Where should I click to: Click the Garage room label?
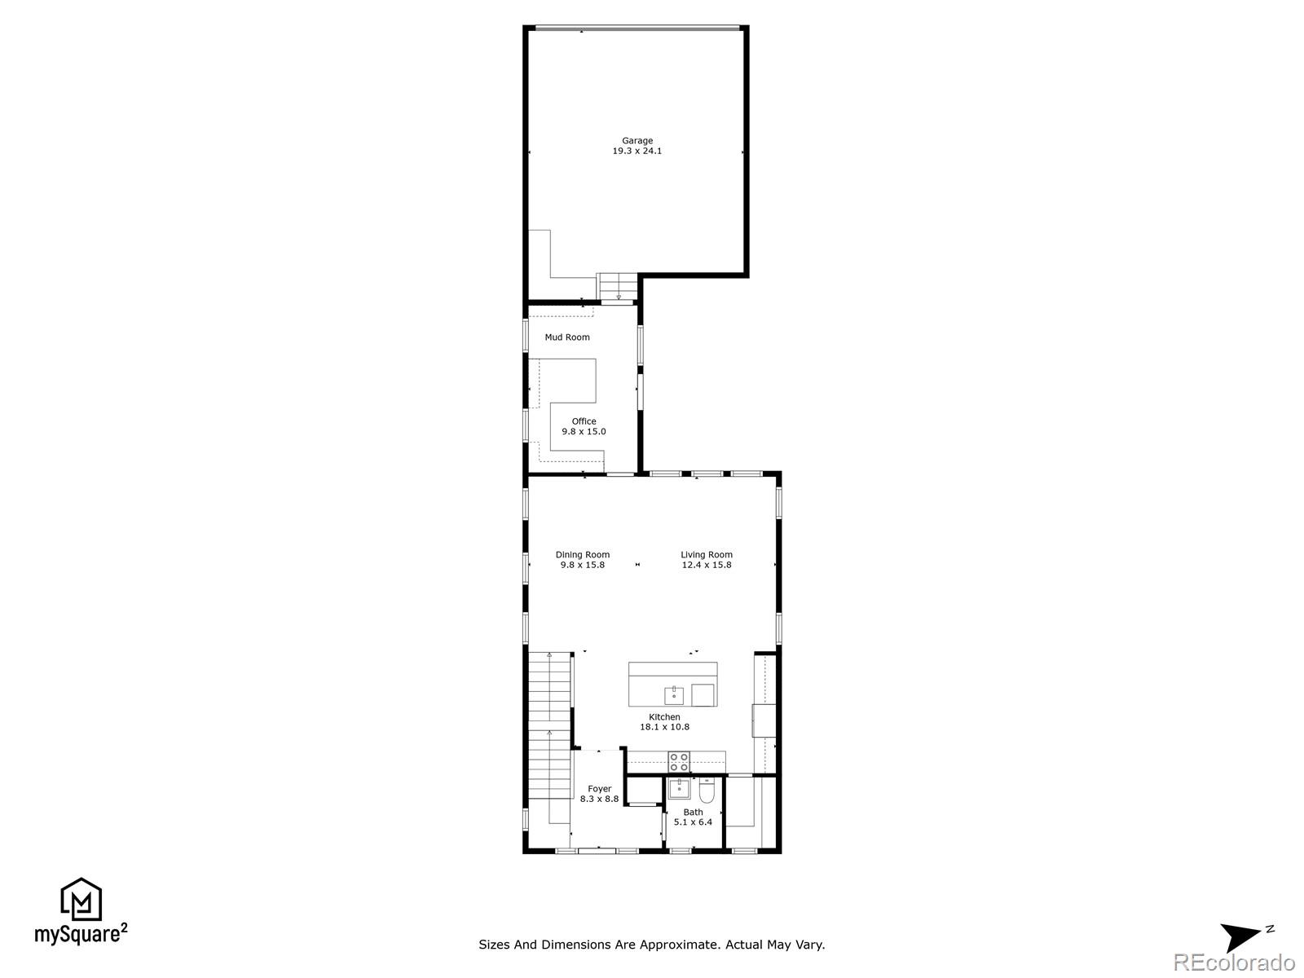coord(637,146)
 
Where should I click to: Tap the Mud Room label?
coord(567,337)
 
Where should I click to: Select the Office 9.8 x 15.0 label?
coord(584,426)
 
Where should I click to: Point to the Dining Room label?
coord(583,560)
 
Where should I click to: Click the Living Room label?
coord(707,560)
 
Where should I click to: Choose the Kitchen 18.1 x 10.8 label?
coord(664,722)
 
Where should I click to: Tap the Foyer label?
coord(599,794)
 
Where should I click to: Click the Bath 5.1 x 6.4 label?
coord(693,817)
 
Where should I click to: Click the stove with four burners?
coord(679,762)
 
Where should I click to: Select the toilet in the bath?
coord(707,791)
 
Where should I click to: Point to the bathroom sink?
coord(679,788)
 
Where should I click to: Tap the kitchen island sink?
coord(674,696)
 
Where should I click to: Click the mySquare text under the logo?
coord(78,934)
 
